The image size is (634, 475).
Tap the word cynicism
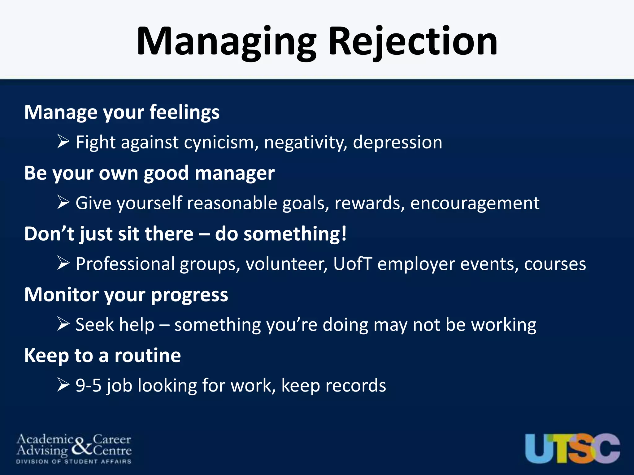point(221,143)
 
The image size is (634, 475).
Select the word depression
point(397,143)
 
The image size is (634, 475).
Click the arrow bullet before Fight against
point(63,142)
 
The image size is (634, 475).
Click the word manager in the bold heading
point(235,173)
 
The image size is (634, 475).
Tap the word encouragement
point(475,203)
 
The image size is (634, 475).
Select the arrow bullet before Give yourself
point(63,203)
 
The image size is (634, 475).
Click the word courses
point(555,264)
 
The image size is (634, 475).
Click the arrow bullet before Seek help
point(63,324)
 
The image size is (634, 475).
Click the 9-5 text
point(89,386)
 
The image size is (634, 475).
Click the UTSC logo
point(572,448)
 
